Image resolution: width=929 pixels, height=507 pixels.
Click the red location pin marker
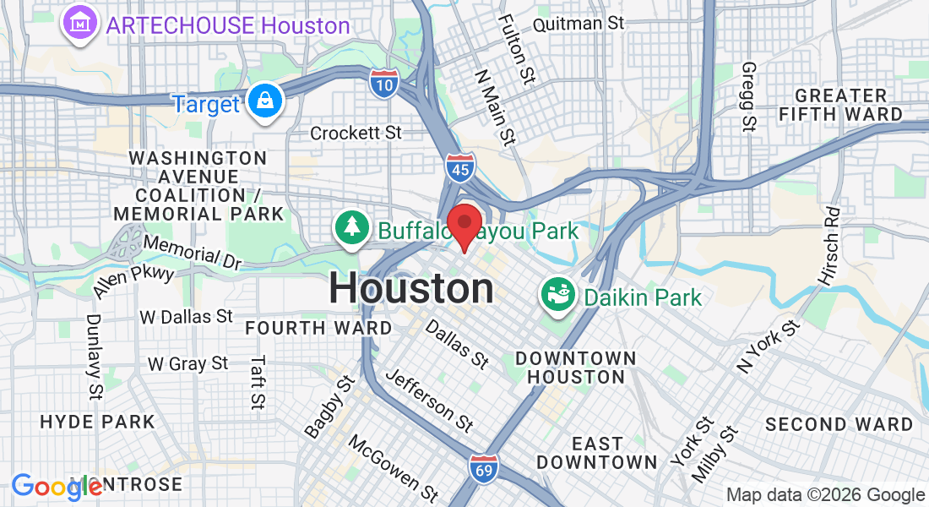tap(464, 225)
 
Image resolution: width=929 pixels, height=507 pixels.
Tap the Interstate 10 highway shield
tap(384, 82)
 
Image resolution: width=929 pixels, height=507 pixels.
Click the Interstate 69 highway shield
tap(485, 467)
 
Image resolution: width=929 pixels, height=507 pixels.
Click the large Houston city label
tap(411, 289)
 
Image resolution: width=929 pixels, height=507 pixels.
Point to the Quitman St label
tap(579, 23)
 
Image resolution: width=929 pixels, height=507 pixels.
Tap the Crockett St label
tap(356, 133)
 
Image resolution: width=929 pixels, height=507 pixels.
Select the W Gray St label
tap(187, 363)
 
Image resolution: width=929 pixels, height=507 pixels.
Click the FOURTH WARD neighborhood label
tap(318, 328)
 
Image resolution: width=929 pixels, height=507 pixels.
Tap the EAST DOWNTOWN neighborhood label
tap(597, 453)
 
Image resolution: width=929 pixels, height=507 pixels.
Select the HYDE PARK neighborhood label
tap(98, 422)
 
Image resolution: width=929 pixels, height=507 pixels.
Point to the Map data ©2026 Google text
tap(826, 495)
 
